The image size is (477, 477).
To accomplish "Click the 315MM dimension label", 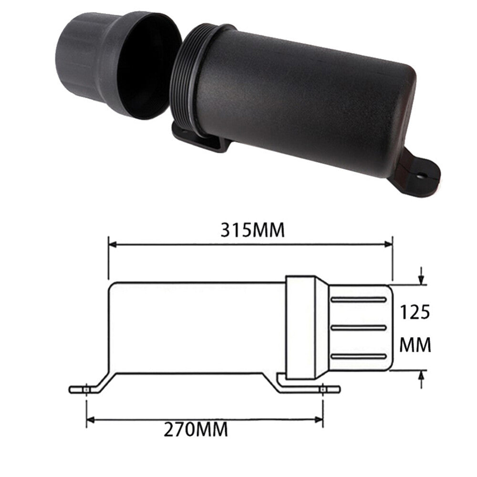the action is pos(252,230).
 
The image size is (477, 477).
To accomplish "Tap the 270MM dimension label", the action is pos(196,429).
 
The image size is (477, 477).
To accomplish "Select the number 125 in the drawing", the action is pos(415,312).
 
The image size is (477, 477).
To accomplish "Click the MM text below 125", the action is pos(415,345).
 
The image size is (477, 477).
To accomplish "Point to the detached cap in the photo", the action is pos(119,65).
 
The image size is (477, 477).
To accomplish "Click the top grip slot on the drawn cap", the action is pos(359,300).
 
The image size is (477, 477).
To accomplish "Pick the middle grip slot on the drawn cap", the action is pos(359,328).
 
